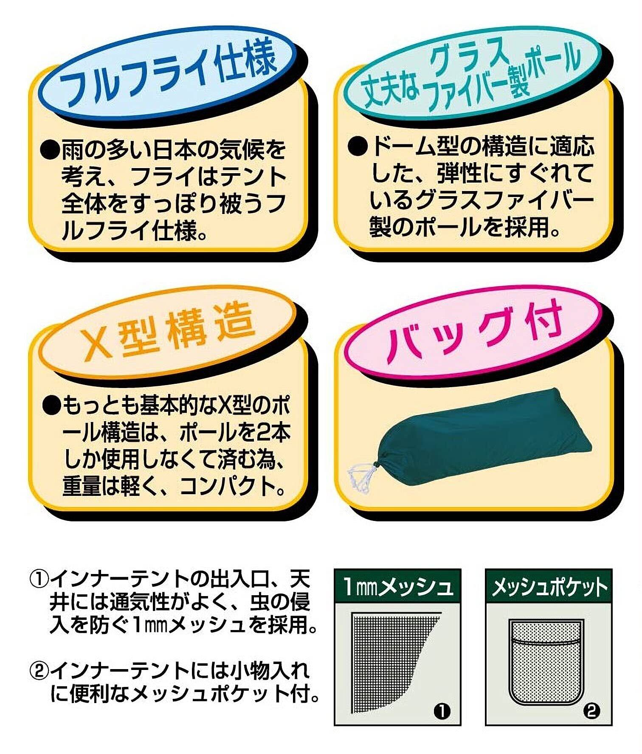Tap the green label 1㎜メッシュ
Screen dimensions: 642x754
click(397, 588)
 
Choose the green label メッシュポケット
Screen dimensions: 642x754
click(549, 588)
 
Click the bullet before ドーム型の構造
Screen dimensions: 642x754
click(358, 147)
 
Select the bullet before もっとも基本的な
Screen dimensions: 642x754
click(52, 407)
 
